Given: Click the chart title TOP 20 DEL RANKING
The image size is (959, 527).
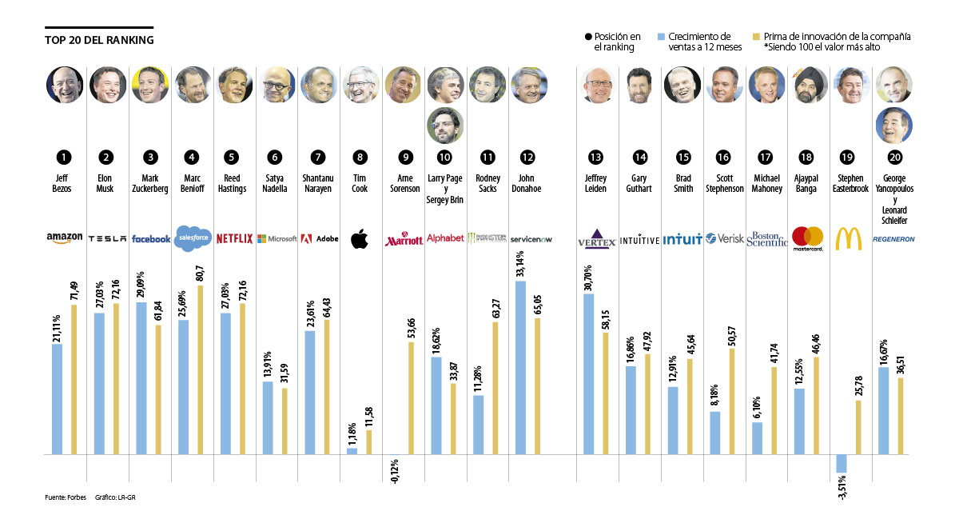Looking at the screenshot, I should (x=99, y=40).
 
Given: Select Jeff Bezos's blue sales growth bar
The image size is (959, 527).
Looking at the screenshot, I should (x=57, y=399).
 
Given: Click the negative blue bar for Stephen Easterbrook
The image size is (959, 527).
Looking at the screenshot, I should (x=842, y=463).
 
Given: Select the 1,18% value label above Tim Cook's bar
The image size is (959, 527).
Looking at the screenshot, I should (x=352, y=433).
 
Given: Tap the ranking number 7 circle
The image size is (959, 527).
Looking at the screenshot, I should (x=318, y=157).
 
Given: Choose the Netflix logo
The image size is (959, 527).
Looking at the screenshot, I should (x=234, y=238).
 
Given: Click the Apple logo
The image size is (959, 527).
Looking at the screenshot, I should (x=360, y=238).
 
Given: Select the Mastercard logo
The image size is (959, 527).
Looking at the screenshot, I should (x=807, y=238).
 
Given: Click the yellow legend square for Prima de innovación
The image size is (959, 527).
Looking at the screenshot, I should (x=756, y=37).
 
